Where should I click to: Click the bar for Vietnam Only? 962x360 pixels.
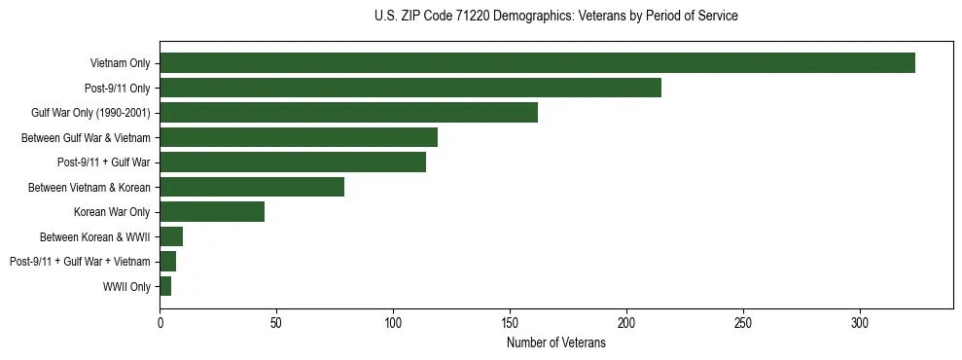pos(537,63)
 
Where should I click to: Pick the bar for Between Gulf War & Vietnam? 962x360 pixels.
pos(299,137)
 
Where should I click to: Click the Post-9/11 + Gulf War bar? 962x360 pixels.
pos(293,162)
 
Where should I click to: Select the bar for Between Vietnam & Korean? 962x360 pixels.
pos(252,187)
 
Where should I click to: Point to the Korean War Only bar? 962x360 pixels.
pos(212,212)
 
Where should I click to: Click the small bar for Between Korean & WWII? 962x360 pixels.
pos(171,236)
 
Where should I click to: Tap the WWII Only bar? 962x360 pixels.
pos(165,286)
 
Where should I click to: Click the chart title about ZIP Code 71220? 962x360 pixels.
pos(555,17)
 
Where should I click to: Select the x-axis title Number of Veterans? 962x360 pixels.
pos(555,343)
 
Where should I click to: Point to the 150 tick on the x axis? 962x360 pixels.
pos(510,322)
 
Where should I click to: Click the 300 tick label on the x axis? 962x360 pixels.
pos(860,322)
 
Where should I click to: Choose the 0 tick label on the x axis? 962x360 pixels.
pos(160,322)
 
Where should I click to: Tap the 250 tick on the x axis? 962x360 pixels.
pos(743,322)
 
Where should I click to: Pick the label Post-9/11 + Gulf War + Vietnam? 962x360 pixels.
pos(80,262)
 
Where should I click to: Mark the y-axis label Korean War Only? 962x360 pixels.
pos(112,212)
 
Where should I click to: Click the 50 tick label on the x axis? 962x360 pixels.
pos(276,322)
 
